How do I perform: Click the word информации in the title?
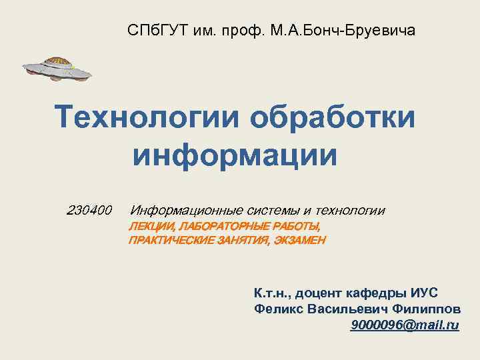pos(235,153)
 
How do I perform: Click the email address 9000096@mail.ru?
pos(404,325)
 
